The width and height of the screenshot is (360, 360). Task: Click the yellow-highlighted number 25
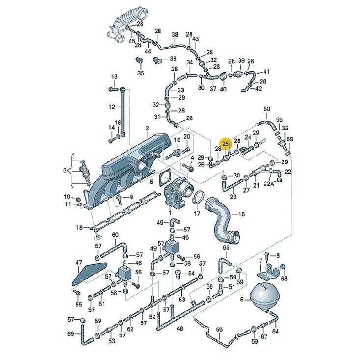226,144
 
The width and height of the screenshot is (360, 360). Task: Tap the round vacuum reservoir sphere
265,297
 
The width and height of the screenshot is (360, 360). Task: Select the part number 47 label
79,262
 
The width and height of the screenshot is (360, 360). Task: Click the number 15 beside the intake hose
241,214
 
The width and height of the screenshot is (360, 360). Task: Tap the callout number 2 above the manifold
147,128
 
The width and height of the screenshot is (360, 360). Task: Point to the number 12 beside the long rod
112,107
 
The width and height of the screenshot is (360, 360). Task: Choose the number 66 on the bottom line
219,330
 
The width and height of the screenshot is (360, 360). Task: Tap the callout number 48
180,329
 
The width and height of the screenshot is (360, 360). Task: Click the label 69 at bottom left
71,333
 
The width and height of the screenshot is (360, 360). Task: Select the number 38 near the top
175,35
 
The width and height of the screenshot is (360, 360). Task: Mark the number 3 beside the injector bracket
65,170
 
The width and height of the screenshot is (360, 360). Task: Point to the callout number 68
284,278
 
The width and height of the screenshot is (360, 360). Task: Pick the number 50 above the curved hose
267,109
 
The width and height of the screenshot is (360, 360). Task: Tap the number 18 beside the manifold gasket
80,227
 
